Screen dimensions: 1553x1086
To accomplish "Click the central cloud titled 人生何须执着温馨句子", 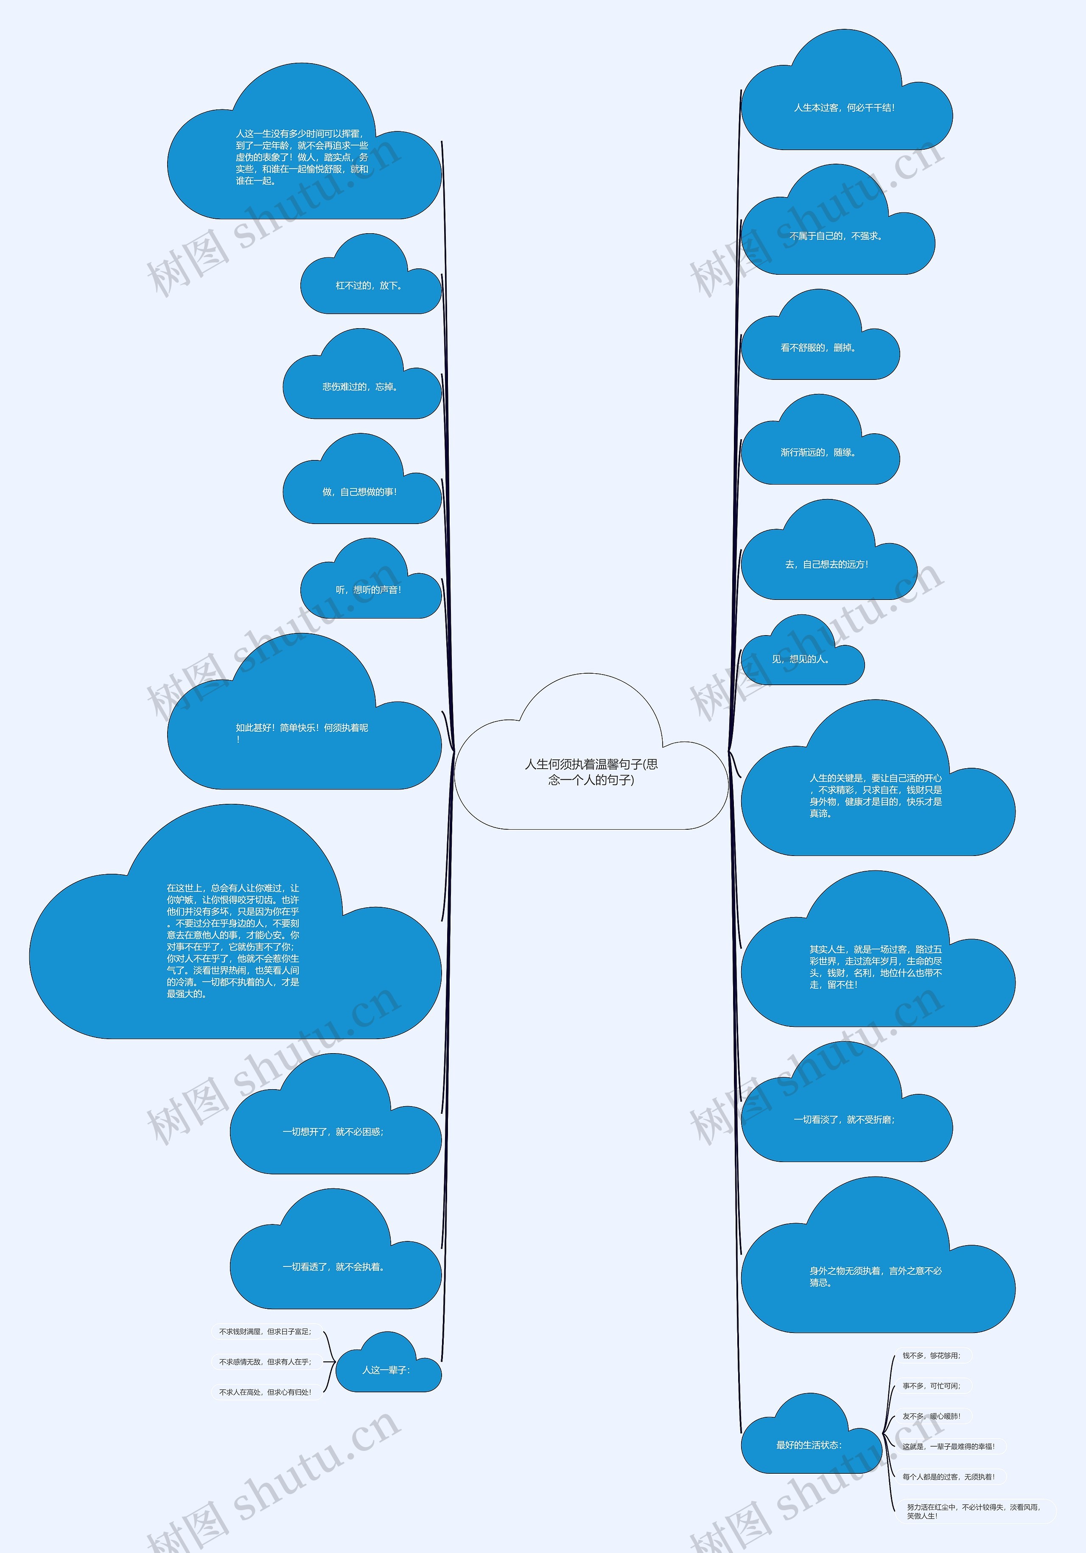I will [x=591, y=772].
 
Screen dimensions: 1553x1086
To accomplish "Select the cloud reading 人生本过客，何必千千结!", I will [x=845, y=108].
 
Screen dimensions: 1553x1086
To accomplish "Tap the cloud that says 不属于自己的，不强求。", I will [x=836, y=237].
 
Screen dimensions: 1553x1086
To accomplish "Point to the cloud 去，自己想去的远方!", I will [x=827, y=565].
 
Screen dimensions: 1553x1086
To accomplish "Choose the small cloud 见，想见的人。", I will [x=801, y=659].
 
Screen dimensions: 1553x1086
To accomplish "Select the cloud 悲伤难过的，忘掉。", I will [x=361, y=388].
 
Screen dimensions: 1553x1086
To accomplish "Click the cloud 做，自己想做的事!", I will [x=361, y=492].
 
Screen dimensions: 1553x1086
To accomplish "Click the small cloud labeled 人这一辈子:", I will [x=387, y=1370].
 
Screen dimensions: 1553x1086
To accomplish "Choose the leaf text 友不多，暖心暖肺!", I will [x=931, y=1416].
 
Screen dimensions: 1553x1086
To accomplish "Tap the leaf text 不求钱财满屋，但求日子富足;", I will [x=265, y=1332].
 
